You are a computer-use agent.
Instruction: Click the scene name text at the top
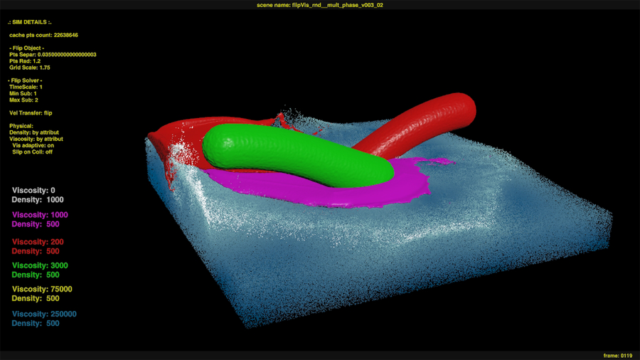pyautogui.click(x=319, y=5)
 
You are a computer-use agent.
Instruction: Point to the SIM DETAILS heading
pyautogui.click(x=30, y=23)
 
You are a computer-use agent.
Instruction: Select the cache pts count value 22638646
pyautogui.click(x=66, y=35)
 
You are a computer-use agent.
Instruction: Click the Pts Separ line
pyautogui.click(x=53, y=55)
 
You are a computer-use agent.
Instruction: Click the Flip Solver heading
pyautogui.click(x=25, y=80)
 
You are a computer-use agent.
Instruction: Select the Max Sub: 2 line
pyautogui.click(x=23, y=100)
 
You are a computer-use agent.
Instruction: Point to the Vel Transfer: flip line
pyautogui.click(x=31, y=113)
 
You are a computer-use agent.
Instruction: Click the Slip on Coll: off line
pyautogui.click(x=32, y=152)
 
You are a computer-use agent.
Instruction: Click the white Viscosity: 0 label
pyautogui.click(x=33, y=191)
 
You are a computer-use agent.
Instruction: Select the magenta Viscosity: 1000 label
pyautogui.click(x=40, y=215)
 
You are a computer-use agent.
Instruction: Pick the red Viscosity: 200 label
pyautogui.click(x=37, y=242)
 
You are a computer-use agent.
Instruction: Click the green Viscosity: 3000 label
pyautogui.click(x=40, y=265)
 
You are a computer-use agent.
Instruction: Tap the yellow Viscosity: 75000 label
pyautogui.click(x=42, y=290)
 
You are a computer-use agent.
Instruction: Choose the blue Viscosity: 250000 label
pyautogui.click(x=44, y=314)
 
